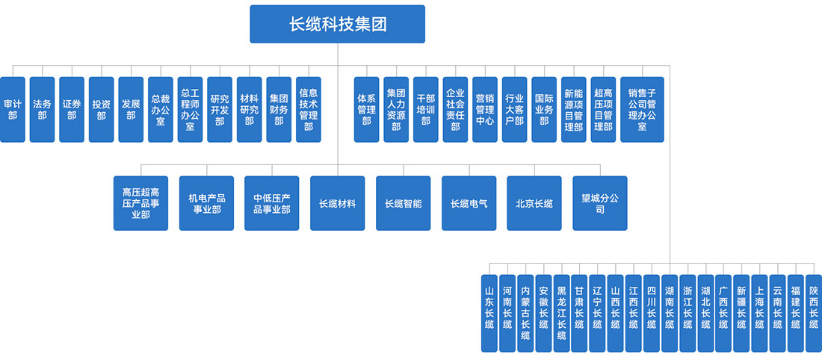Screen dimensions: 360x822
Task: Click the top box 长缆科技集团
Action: tap(337, 24)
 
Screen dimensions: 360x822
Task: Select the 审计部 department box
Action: tap(12, 109)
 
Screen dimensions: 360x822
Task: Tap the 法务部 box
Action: tap(42, 109)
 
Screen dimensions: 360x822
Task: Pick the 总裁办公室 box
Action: tap(160, 109)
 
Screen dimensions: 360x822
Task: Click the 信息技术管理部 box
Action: tap(308, 109)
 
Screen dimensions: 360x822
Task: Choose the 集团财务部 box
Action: tap(279, 109)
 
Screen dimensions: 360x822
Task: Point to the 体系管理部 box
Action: tap(366, 109)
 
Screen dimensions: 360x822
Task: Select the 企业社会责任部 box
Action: tap(455, 109)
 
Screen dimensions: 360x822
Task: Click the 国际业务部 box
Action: tap(544, 109)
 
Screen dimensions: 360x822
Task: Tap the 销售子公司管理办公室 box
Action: tap(642, 109)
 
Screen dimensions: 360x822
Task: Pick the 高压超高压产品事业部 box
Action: tap(140, 203)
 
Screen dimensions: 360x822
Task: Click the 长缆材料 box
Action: tap(337, 203)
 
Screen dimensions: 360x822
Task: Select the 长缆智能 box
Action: tap(403, 203)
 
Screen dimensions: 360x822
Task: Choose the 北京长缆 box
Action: tap(534, 203)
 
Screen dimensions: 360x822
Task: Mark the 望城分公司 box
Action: tap(599, 203)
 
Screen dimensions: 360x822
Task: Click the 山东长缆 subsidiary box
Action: tap(489, 308)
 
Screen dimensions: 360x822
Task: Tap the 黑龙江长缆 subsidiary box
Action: tap(561, 308)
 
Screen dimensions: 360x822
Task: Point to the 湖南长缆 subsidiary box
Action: tap(670, 308)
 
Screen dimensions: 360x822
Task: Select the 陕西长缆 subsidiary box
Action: tap(814, 308)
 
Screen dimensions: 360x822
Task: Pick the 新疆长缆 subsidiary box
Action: tap(741, 308)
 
